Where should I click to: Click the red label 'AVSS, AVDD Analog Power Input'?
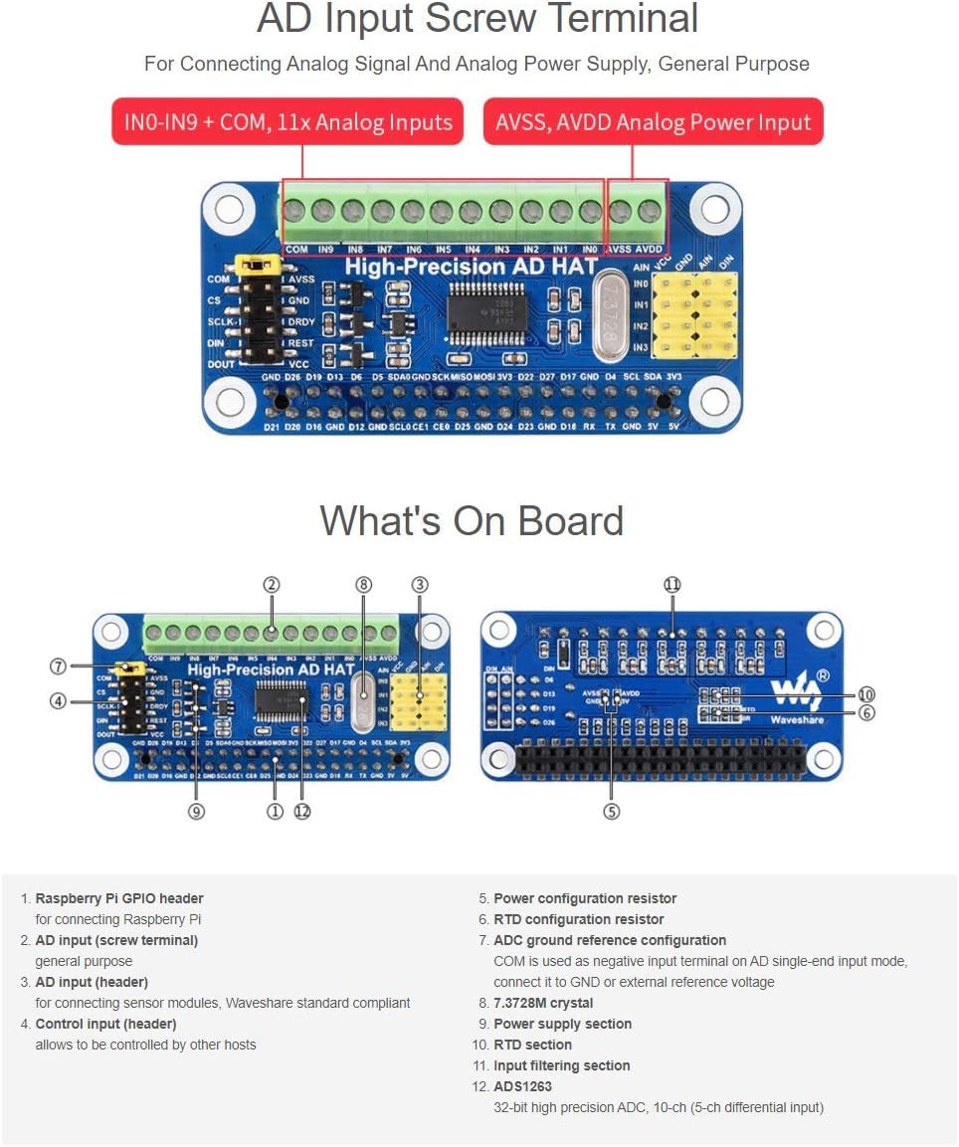(x=653, y=122)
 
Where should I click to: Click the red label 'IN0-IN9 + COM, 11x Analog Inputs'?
(x=288, y=122)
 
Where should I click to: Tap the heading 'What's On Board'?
(x=472, y=521)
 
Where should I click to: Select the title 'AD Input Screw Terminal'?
(x=478, y=20)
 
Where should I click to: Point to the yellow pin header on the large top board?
(x=694, y=315)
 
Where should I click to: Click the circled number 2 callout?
(x=271, y=585)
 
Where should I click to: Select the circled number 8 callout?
(x=363, y=585)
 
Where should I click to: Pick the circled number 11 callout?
(x=672, y=585)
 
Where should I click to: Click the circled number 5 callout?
(x=611, y=812)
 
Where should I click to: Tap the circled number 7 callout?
(x=58, y=666)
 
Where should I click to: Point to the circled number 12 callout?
(x=302, y=812)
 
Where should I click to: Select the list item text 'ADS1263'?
(x=522, y=1086)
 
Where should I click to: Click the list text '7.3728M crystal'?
(x=543, y=1003)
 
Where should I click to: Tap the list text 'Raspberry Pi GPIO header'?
(x=119, y=898)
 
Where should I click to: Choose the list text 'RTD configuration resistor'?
(x=578, y=919)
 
